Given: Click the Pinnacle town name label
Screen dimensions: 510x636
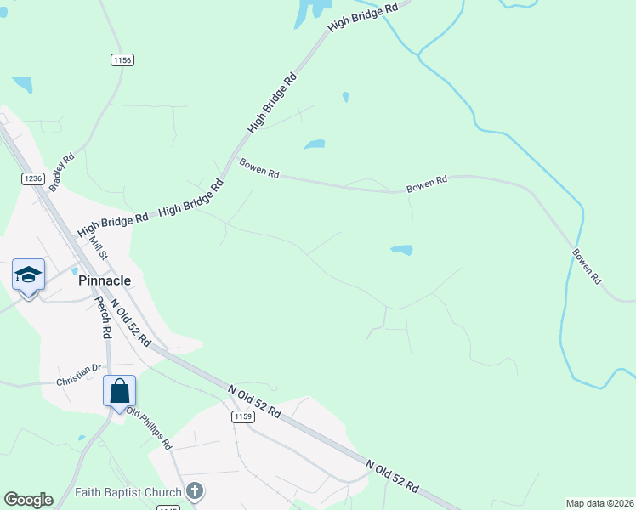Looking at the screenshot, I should (104, 280).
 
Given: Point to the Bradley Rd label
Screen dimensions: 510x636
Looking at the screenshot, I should (62, 172).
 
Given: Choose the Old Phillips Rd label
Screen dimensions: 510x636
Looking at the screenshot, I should (149, 429).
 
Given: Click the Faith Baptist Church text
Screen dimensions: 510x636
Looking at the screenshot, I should (128, 492).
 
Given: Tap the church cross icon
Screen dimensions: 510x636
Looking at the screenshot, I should (195, 491).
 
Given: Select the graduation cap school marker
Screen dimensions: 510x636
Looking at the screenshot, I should (28, 275).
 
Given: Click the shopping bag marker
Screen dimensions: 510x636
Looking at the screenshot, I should (120, 392).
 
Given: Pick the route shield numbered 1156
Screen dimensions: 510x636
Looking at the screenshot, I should (122, 59).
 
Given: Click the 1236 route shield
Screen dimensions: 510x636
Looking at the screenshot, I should (33, 178).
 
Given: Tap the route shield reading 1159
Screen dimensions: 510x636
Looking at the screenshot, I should (243, 416).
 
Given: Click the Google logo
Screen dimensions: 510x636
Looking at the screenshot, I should (28, 500).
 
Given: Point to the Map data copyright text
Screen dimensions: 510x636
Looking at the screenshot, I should (599, 503).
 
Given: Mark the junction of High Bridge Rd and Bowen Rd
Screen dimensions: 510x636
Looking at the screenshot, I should (232, 161).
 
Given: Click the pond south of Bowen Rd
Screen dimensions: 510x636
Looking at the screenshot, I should (402, 250).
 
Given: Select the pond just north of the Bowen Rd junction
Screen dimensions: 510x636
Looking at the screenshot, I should (315, 144).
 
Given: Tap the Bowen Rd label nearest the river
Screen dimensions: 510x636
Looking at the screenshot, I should (587, 266).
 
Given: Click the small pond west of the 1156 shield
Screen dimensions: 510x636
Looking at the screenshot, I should (23, 84).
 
